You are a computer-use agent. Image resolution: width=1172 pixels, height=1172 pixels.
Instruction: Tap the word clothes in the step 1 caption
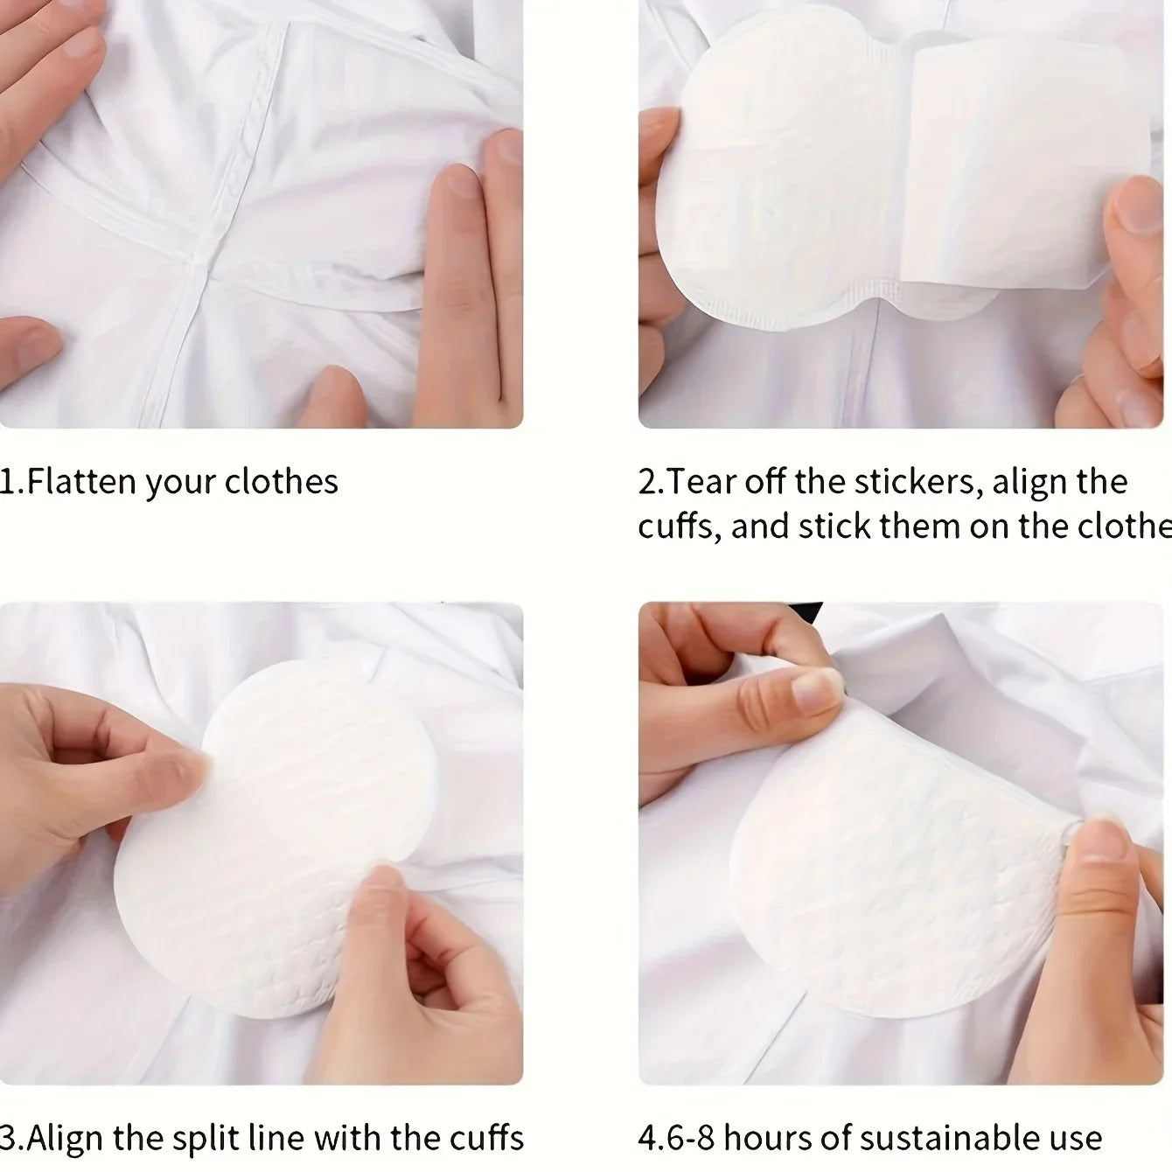click(x=281, y=482)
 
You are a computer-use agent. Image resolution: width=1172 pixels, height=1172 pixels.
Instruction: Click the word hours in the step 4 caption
click(x=774, y=1138)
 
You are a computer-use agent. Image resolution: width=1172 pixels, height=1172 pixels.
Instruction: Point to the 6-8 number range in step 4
click(x=690, y=1138)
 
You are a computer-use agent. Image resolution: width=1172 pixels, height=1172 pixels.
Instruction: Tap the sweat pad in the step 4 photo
click(x=892, y=857)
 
